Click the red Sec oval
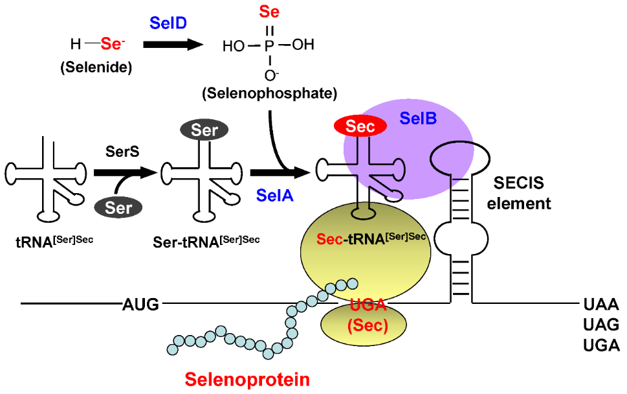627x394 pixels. click(x=360, y=126)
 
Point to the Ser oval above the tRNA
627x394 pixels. click(x=204, y=130)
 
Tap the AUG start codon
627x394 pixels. click(x=140, y=303)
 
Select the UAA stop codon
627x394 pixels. click(x=599, y=303)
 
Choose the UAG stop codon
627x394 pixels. click(x=599, y=323)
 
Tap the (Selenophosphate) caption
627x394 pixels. click(x=269, y=93)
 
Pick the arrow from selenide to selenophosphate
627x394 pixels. click(x=170, y=45)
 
